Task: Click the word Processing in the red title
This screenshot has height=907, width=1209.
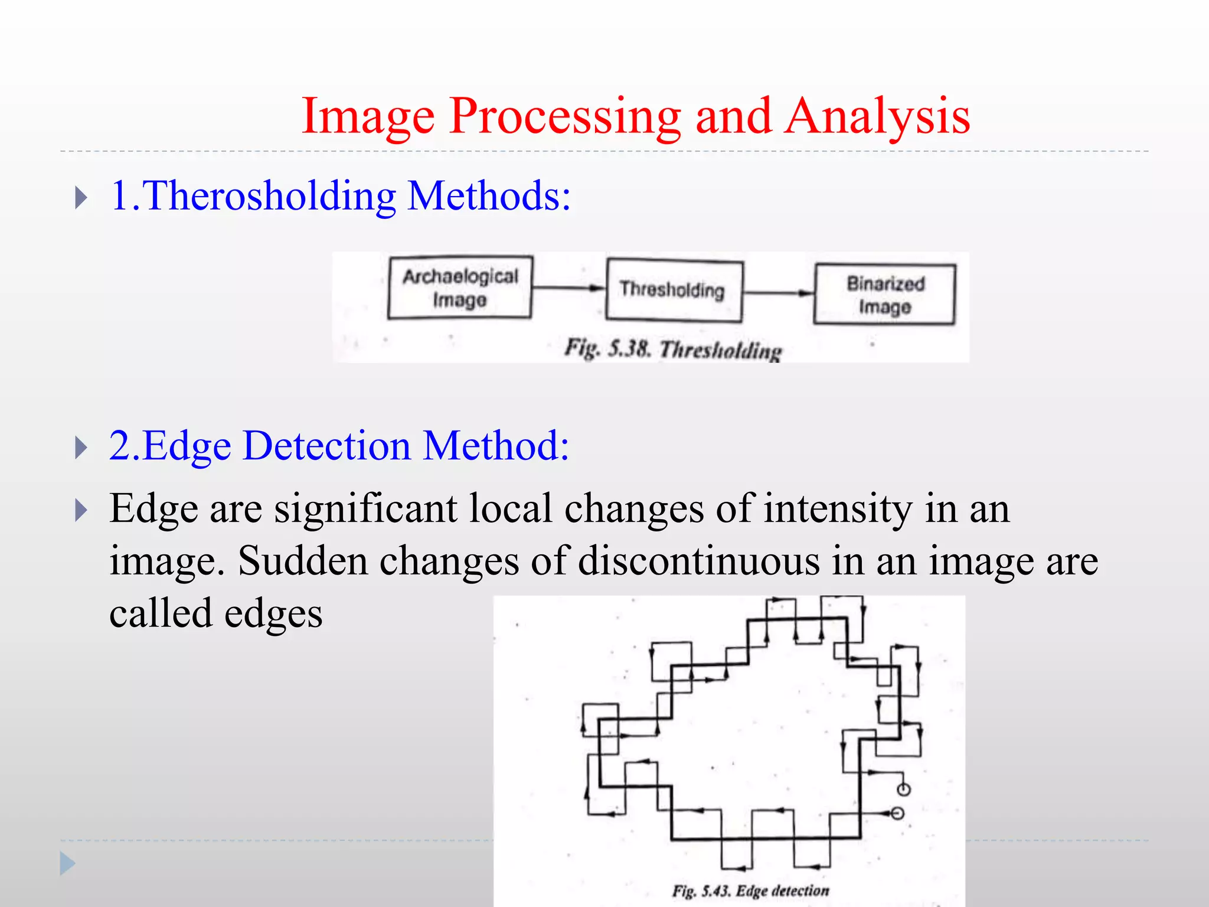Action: click(x=564, y=116)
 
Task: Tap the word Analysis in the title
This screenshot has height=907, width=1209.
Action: click(x=878, y=116)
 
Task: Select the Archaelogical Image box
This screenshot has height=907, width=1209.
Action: click(x=460, y=288)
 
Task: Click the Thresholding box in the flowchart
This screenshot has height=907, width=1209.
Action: click(x=674, y=290)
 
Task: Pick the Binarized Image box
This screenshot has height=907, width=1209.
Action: click(x=884, y=295)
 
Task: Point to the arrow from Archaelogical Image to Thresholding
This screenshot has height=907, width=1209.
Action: click(x=568, y=288)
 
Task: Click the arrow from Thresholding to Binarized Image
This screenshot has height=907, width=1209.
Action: click(x=778, y=292)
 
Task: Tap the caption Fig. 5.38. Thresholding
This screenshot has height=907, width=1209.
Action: click(x=673, y=349)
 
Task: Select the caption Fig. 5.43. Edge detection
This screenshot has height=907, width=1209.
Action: click(x=750, y=890)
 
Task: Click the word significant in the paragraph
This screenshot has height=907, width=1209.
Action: click(x=365, y=508)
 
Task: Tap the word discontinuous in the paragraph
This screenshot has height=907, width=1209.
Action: click(x=699, y=560)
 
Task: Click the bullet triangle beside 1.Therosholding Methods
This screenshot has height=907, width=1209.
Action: click(x=81, y=198)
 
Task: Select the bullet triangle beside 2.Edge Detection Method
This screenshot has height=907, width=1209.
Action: click(x=81, y=448)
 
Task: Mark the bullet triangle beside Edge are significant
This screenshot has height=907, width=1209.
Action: click(x=81, y=510)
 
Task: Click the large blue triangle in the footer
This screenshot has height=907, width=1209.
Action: click(x=67, y=864)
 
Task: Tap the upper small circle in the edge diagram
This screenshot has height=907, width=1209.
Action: click(x=903, y=789)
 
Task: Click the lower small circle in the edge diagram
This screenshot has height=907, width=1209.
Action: click(x=897, y=814)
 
